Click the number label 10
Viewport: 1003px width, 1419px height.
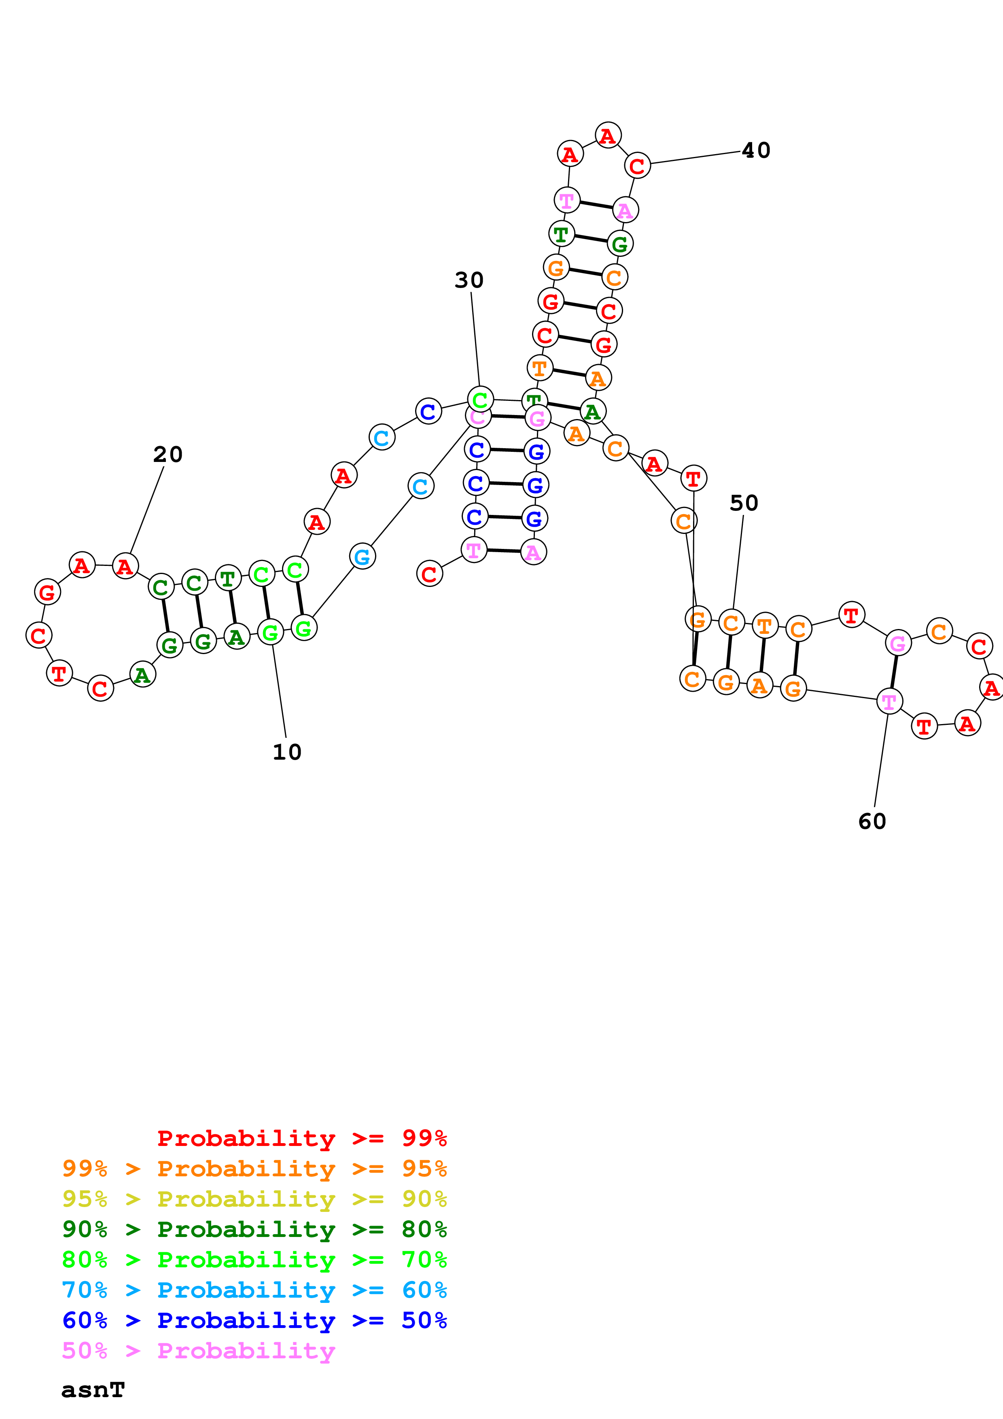tap(287, 752)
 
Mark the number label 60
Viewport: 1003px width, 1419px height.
tap(872, 822)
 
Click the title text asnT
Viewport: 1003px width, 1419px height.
tap(93, 1390)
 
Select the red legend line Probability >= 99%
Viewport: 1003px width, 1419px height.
tap(301, 1138)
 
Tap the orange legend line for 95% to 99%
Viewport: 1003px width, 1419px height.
tap(254, 1168)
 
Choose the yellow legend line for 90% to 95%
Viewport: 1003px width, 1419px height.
tap(254, 1199)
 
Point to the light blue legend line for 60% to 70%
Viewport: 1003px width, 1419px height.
tap(254, 1290)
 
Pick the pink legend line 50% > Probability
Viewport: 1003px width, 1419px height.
tap(198, 1350)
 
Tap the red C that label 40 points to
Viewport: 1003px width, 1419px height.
tap(637, 165)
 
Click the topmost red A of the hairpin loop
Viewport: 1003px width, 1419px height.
tap(608, 136)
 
